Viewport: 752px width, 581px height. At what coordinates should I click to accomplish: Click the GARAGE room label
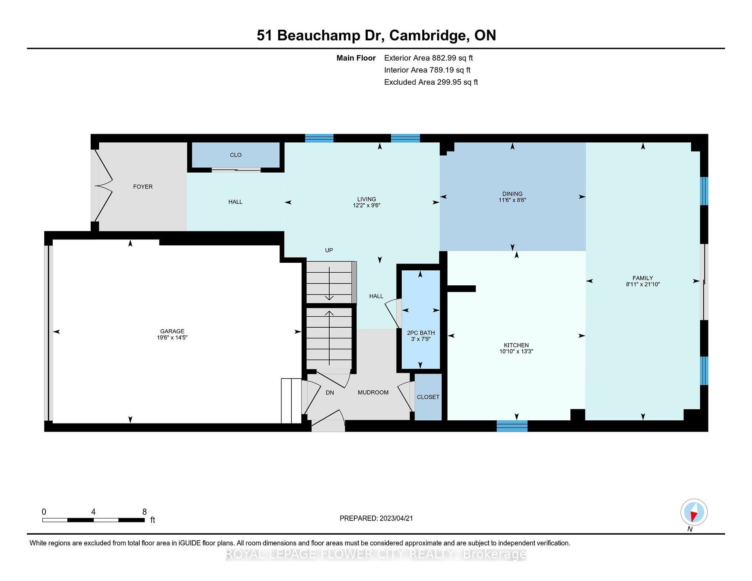pos(172,331)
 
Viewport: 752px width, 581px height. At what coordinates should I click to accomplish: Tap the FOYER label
pos(143,187)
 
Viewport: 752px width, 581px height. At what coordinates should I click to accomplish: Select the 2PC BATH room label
pos(421,333)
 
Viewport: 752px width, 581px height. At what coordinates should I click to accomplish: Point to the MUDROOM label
pos(373,393)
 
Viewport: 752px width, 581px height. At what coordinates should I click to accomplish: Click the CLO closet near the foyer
pos(236,155)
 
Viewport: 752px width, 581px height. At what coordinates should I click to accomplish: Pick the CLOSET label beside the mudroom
pos(428,397)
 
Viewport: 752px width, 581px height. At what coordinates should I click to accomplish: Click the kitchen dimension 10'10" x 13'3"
pos(517,351)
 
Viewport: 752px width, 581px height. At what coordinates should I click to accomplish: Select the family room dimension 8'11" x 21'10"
pos(643,284)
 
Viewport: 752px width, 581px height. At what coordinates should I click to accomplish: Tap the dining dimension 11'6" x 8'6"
pos(512,200)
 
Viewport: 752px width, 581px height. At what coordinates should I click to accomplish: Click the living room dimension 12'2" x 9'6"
pos(367,205)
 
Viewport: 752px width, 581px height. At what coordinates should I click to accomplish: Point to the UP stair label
pos(329,250)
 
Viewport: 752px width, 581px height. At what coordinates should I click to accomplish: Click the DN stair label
pos(330,393)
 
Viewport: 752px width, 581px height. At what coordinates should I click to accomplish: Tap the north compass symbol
pos(694,512)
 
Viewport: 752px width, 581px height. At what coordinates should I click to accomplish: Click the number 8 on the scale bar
pos(144,512)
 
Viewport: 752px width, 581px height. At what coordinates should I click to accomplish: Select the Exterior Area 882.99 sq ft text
pos(428,58)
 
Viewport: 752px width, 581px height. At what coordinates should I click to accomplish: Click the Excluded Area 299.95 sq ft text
pos(431,82)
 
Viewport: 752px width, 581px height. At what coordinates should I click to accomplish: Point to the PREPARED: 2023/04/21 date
pos(376,518)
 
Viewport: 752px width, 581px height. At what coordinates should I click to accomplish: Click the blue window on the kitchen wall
pos(512,426)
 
